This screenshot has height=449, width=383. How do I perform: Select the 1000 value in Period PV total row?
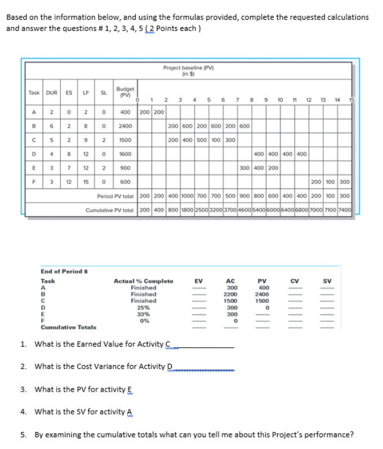pos(187,197)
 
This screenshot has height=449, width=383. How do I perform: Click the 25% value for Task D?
pos(143,307)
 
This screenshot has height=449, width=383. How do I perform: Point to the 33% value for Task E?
pos(143,314)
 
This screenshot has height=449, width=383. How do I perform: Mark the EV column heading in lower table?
pos(198,280)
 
